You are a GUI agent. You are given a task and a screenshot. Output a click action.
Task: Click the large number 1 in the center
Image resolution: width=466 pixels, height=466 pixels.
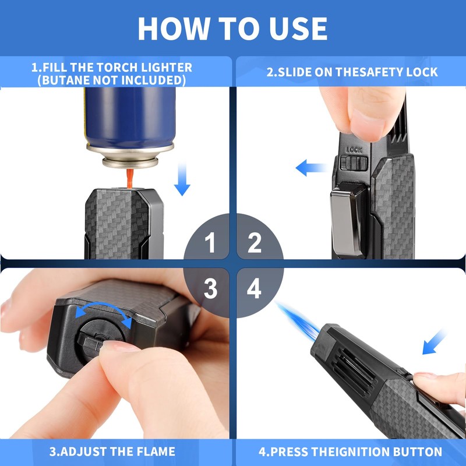pos(210,242)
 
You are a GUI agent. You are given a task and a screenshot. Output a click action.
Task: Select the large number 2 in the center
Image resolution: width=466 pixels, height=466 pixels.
pos(255,242)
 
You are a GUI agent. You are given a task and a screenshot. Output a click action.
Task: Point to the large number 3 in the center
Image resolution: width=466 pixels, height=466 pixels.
pos(211,288)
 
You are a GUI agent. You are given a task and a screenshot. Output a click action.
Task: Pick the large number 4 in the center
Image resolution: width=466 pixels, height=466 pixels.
pos(254,288)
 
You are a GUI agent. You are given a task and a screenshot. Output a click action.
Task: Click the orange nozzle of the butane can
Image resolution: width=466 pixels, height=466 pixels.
pos(129,178)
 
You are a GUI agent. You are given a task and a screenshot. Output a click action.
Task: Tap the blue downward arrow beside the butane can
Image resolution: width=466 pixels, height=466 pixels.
pos(182,179)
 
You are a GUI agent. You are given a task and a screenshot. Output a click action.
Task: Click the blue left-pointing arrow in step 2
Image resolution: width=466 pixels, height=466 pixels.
pos(311,168)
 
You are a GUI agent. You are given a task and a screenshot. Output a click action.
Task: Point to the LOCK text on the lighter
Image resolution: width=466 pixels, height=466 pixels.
pos(354,150)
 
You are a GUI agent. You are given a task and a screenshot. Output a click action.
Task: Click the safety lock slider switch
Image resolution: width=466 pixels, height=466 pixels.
pos(354,163)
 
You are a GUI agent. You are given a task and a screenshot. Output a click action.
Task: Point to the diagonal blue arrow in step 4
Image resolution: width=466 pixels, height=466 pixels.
pos(434,343)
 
